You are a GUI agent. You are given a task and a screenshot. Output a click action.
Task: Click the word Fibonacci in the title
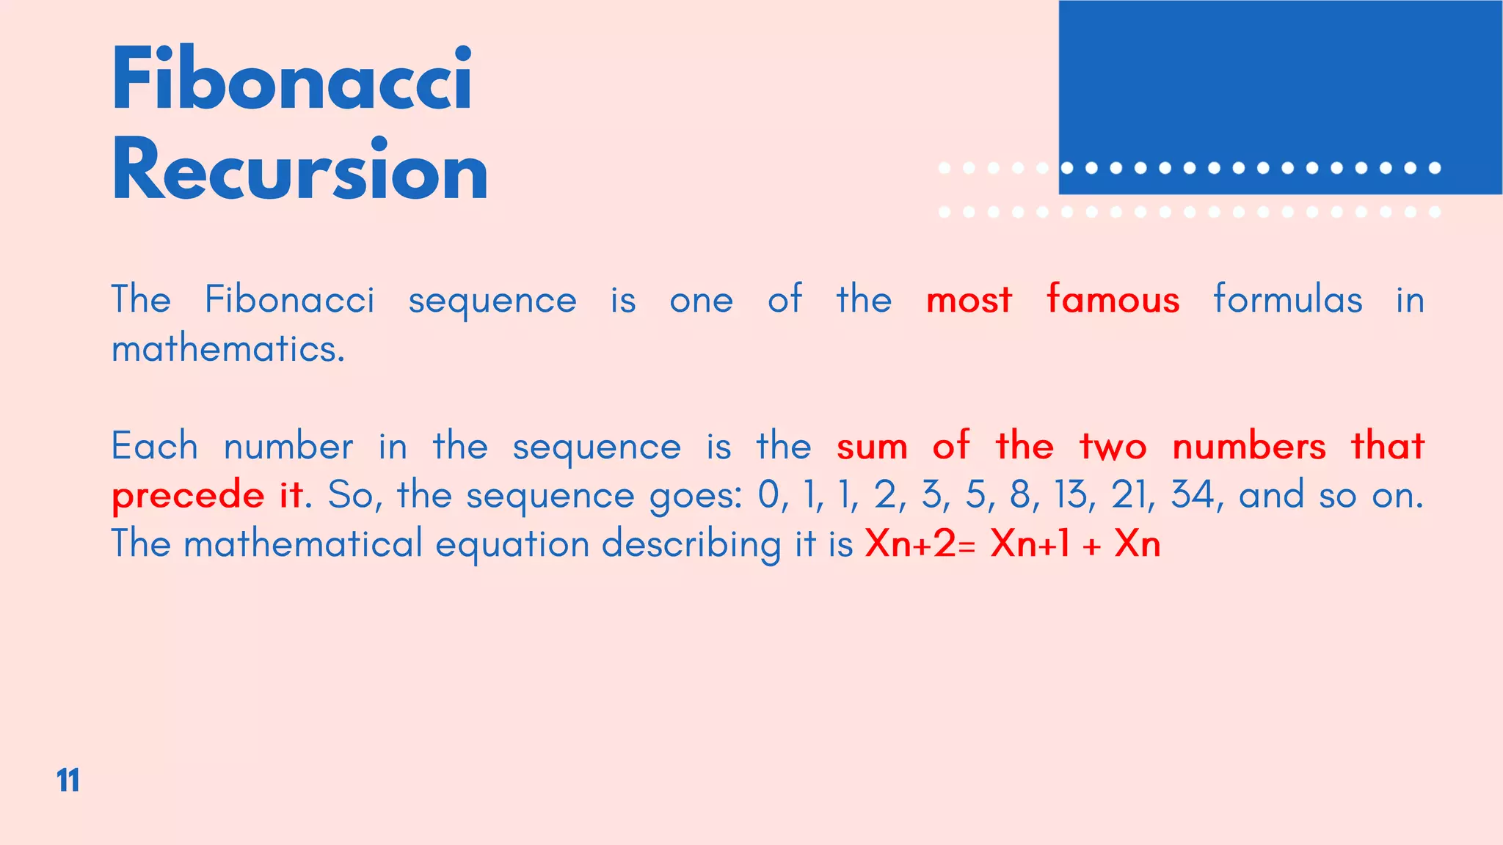point(292,78)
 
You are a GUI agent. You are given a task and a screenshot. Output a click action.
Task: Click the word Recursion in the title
point(299,170)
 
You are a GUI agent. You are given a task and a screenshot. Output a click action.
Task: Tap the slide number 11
point(68,780)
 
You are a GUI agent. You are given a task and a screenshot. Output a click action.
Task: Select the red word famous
point(1113,299)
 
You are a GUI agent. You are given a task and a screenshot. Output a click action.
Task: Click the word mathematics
point(228,349)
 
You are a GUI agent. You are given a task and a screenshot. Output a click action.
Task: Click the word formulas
point(1288,299)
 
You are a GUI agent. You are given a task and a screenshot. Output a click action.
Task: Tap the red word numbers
point(1249,447)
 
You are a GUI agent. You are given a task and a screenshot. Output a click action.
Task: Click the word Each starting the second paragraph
point(155,447)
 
